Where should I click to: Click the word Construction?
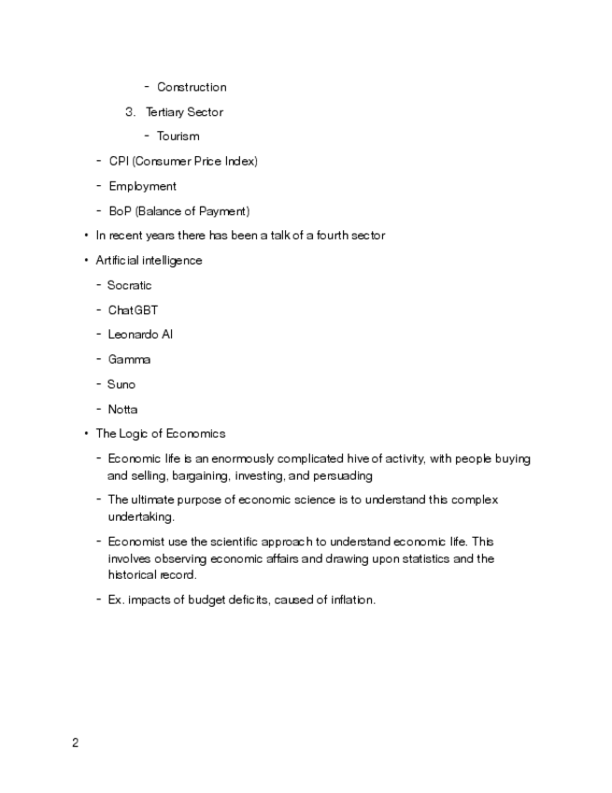(x=192, y=87)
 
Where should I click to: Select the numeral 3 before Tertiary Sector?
(x=130, y=112)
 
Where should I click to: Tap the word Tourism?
(x=178, y=137)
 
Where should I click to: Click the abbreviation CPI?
(x=119, y=161)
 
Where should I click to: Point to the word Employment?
(x=142, y=186)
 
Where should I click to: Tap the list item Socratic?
(x=129, y=285)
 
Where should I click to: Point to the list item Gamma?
(x=129, y=359)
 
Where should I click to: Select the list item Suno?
(x=121, y=384)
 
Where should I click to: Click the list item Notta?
(x=122, y=409)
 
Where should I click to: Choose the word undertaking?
(x=141, y=516)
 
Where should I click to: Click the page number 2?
(x=75, y=743)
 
